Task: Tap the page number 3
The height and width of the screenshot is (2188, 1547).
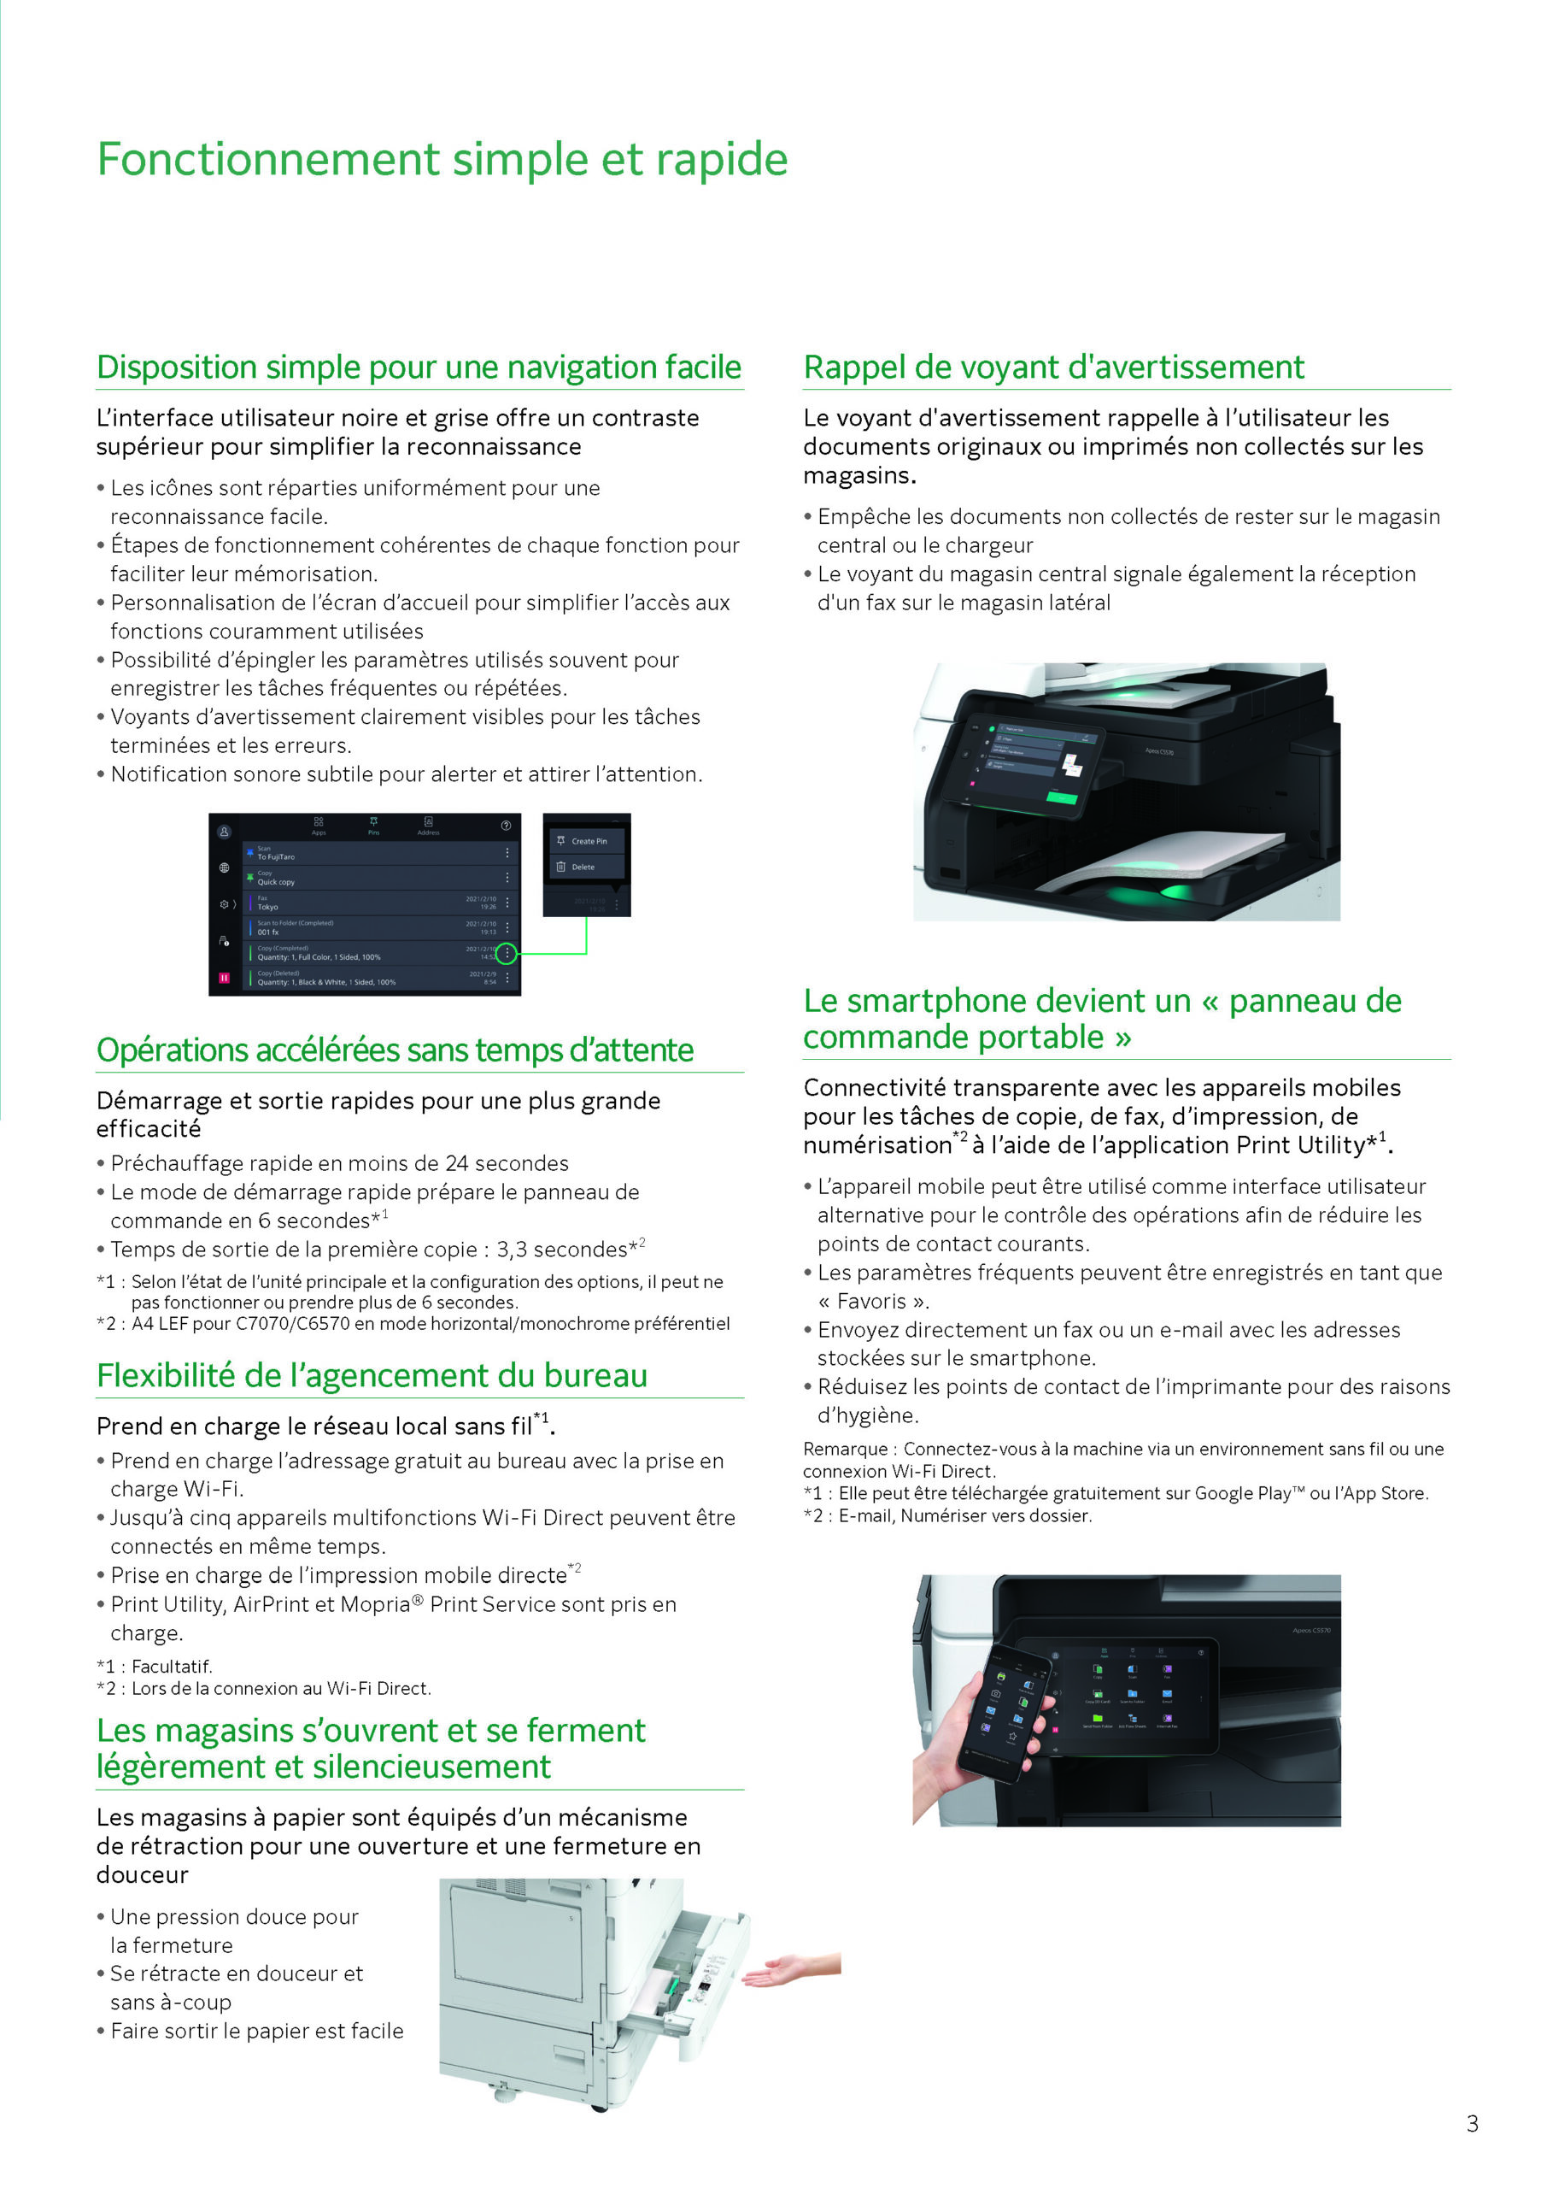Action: [x=1472, y=2123]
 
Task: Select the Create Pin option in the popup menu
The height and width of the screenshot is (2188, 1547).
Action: [x=588, y=840]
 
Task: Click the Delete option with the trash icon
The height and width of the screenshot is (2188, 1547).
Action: [x=582, y=868]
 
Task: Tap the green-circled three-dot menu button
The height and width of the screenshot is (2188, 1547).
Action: [x=507, y=952]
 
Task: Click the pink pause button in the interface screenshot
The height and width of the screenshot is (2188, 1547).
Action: [x=224, y=978]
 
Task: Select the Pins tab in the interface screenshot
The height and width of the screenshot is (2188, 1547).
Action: [x=373, y=826]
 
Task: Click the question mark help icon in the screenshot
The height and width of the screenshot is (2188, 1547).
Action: [x=506, y=826]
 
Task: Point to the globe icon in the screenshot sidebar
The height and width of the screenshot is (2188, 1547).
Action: [x=224, y=868]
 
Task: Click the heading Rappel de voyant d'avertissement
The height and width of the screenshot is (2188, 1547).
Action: [x=1052, y=367]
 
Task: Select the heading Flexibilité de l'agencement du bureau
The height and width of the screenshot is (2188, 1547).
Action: [x=372, y=1375]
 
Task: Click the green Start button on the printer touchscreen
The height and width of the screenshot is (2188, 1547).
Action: [x=1060, y=797]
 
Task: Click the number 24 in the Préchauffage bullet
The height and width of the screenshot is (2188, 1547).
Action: [x=456, y=1162]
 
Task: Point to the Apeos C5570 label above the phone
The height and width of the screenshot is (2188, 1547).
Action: [x=1310, y=1631]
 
